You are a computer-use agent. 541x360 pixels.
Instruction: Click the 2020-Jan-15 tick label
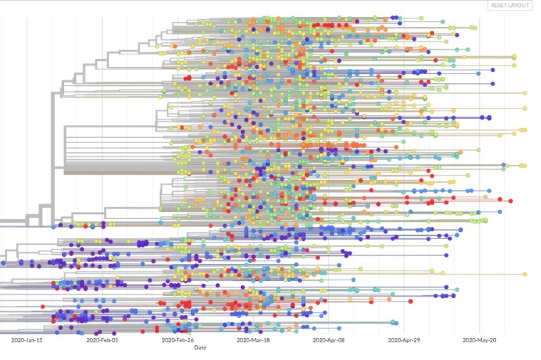point(27,340)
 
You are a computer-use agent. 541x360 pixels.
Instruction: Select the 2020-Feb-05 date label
point(102,340)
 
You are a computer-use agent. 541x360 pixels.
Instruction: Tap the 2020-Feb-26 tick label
point(178,340)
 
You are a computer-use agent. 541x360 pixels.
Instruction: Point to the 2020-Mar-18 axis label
point(253,340)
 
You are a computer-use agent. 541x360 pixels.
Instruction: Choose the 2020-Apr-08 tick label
point(328,340)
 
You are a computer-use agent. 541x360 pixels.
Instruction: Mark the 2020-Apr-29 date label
point(404,340)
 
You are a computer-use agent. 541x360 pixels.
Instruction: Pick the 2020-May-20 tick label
point(479,340)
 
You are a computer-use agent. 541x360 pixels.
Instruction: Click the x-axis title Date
point(200,347)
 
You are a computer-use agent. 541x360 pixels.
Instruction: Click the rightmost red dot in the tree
point(511,201)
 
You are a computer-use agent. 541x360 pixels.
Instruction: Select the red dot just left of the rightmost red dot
point(500,199)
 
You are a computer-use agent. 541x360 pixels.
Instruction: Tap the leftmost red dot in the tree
point(43,306)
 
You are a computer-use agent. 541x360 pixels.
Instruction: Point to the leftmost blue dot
point(4,263)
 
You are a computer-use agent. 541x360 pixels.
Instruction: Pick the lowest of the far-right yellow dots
point(525,274)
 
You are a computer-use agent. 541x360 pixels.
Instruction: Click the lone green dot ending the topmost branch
point(421,18)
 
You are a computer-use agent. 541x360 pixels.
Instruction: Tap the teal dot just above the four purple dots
point(456,290)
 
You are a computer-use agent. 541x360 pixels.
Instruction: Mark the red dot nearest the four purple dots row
point(411,302)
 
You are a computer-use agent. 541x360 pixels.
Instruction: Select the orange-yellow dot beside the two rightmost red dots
point(486,197)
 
